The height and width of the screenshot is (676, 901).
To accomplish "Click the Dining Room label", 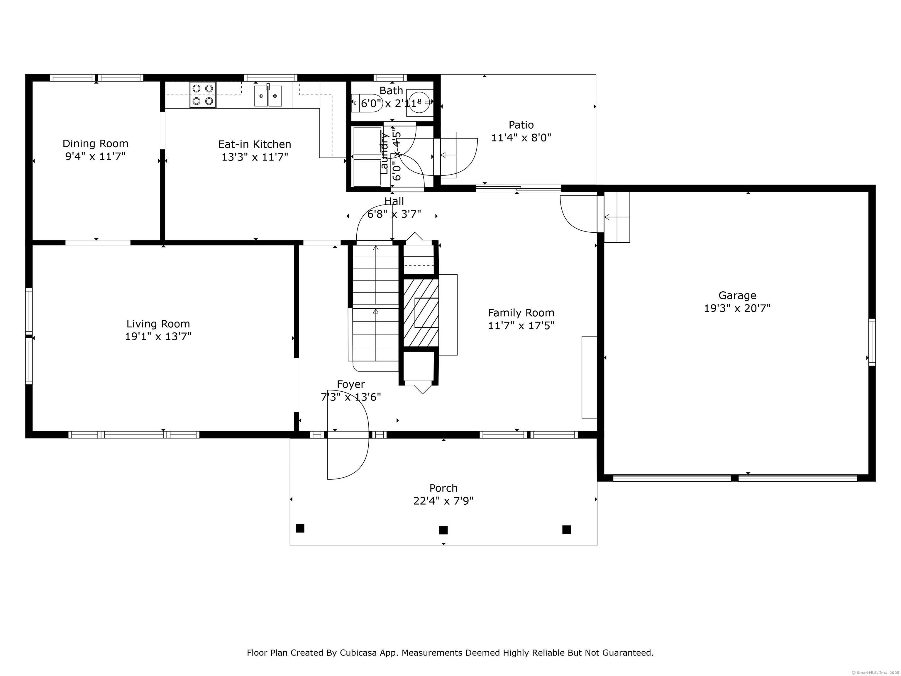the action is [x=95, y=143].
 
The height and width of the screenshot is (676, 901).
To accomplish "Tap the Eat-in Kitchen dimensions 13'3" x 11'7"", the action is [x=255, y=157].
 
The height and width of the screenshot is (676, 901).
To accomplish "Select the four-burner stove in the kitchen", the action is [x=202, y=95].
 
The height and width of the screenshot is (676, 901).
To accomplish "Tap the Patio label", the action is [x=521, y=125].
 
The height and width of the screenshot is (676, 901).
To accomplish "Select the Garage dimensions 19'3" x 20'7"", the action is [x=737, y=308].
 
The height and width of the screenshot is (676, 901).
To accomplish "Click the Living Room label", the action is [x=158, y=324].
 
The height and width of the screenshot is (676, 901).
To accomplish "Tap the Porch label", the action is [x=443, y=488].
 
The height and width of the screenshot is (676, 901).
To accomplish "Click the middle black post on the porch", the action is [x=443, y=530].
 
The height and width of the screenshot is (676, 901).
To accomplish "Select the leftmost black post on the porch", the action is [x=300, y=528].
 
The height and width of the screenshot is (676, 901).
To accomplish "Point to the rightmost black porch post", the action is [x=566, y=529].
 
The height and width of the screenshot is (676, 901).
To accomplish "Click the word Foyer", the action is [x=351, y=384].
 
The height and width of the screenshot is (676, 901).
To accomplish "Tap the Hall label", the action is [x=394, y=201].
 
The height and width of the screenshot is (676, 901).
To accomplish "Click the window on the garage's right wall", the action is [x=872, y=342].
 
